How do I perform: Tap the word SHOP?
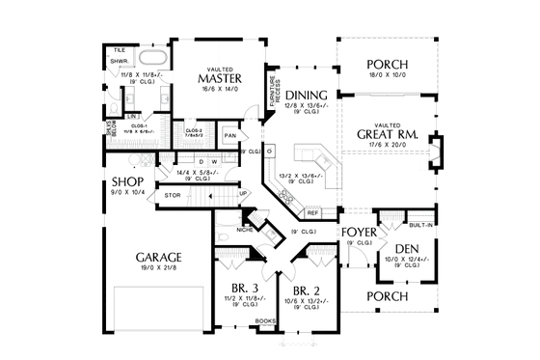[127, 181]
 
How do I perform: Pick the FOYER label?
[357, 232]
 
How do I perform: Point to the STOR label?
[173, 196]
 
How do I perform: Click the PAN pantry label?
[231, 136]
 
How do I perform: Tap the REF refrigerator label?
[312, 212]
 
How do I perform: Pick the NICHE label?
[245, 231]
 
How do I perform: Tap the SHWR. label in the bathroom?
[120, 61]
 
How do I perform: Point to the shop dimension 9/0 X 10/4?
[127, 193]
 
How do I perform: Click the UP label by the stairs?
[243, 193]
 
